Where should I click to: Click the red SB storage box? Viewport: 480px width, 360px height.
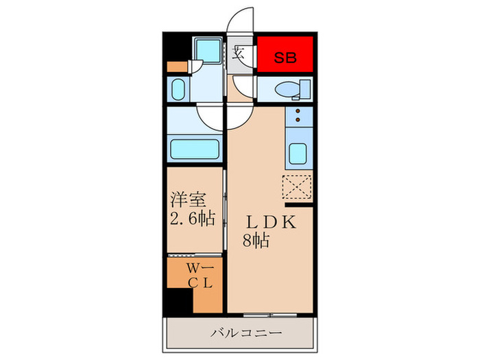click(285, 54)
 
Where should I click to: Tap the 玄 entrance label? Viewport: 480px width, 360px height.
click(238, 53)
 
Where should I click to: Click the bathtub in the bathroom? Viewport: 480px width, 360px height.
click(194, 149)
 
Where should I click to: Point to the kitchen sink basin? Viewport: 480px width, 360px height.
click(298, 154)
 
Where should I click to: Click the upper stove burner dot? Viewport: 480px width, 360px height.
click(298, 111)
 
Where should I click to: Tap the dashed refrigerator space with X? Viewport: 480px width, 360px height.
click(297, 187)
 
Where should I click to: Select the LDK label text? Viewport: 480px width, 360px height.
click(272, 222)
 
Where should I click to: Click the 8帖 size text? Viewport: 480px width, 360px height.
click(256, 240)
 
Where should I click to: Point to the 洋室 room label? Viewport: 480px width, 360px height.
click(189, 200)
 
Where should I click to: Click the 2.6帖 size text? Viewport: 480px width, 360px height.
click(193, 219)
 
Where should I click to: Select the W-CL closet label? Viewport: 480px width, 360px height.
click(200, 276)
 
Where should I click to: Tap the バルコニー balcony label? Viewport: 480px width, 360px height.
click(246, 333)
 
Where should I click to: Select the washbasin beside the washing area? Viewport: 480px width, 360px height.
click(178, 89)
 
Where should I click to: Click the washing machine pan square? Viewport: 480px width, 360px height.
click(208, 50)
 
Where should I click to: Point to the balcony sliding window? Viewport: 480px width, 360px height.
click(270, 315)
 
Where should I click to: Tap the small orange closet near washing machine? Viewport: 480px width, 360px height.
click(177, 67)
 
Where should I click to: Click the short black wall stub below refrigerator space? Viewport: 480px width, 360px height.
click(299, 204)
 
